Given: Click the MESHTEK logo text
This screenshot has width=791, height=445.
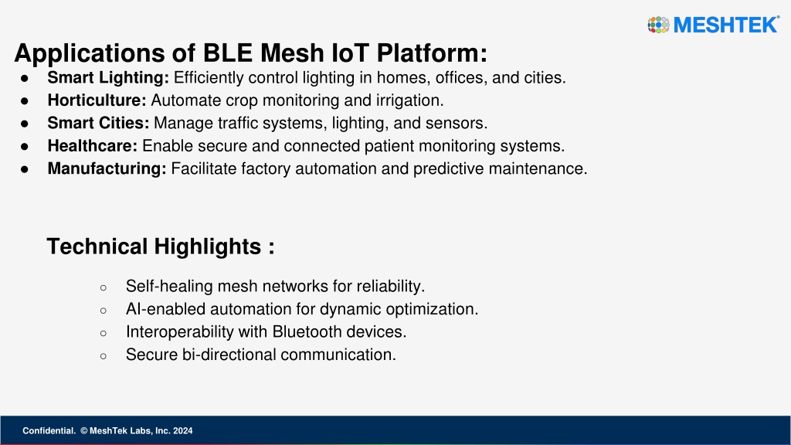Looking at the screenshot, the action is click(726, 25).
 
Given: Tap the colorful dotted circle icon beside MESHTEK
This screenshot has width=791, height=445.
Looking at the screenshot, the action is click(658, 25).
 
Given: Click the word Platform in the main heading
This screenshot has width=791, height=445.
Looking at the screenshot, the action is click(432, 53).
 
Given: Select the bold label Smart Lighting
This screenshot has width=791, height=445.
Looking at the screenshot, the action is click(108, 78).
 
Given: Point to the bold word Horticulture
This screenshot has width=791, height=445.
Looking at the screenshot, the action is click(97, 100).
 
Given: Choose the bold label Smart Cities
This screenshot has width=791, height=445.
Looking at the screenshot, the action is click(98, 123).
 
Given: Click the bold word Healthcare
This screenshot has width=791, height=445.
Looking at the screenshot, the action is click(93, 146).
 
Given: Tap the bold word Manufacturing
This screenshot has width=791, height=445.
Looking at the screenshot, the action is click(107, 168).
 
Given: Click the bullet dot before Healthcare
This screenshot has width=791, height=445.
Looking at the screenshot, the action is click(25, 147).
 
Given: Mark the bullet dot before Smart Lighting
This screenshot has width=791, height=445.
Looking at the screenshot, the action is click(25, 79).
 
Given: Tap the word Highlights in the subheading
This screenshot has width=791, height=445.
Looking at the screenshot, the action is click(208, 246).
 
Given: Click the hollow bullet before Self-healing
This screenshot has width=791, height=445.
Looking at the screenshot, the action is click(104, 287).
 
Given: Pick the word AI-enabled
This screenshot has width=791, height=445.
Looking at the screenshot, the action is click(165, 309).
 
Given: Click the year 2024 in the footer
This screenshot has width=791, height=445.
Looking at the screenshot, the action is click(182, 431).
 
